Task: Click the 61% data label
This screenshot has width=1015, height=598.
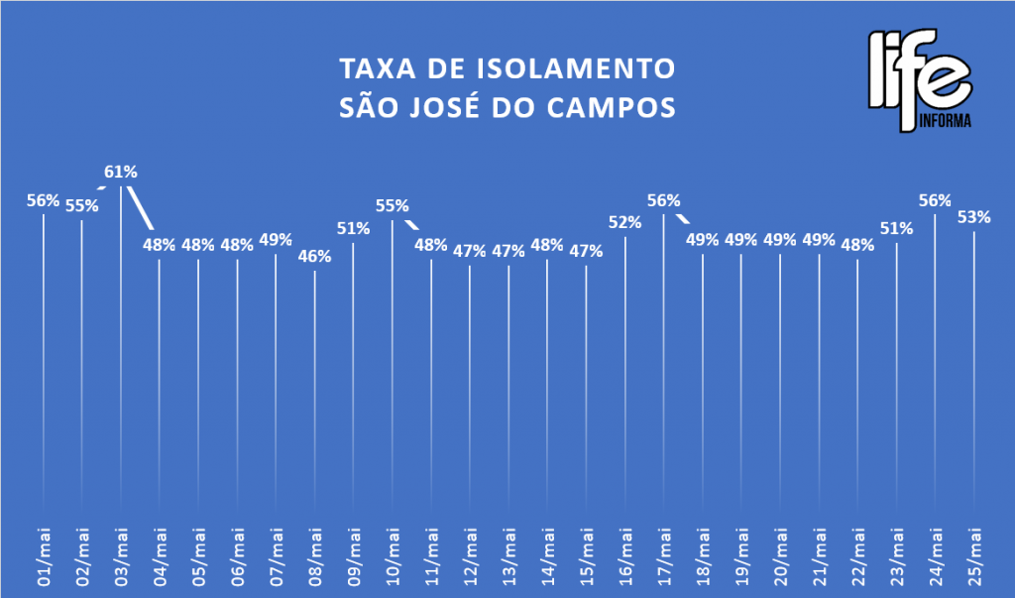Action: click(x=121, y=172)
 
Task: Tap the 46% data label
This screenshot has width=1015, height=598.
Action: click(x=314, y=255)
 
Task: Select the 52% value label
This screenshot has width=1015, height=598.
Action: click(x=624, y=222)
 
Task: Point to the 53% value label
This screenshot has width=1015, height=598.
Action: click(x=973, y=216)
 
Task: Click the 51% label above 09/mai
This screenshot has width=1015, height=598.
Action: click(x=353, y=228)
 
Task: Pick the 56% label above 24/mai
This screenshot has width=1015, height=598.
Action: click(x=935, y=199)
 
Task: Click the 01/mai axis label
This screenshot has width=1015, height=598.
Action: click(x=44, y=559)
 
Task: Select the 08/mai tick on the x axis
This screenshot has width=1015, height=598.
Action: click(x=315, y=559)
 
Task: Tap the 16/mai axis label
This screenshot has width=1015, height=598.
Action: click(x=625, y=559)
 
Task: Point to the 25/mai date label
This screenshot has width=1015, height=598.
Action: click(x=974, y=559)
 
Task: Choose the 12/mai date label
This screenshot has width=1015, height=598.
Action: click(x=470, y=559)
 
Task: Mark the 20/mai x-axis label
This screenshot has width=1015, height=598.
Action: click(x=780, y=559)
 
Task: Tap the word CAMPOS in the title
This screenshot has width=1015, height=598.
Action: click(x=621, y=106)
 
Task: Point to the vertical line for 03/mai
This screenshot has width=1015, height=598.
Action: click(x=121, y=347)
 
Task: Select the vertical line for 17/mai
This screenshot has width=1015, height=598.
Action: click(x=663, y=367)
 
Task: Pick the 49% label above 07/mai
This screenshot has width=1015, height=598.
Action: click(x=276, y=239)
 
